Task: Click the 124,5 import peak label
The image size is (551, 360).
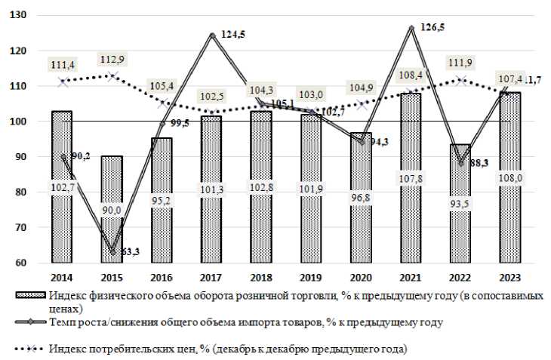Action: pyautogui.click(x=235, y=34)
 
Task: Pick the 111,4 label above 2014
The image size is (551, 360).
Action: pyautogui.click(x=63, y=65)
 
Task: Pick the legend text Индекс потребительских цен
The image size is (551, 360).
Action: pyautogui.click(x=227, y=349)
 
